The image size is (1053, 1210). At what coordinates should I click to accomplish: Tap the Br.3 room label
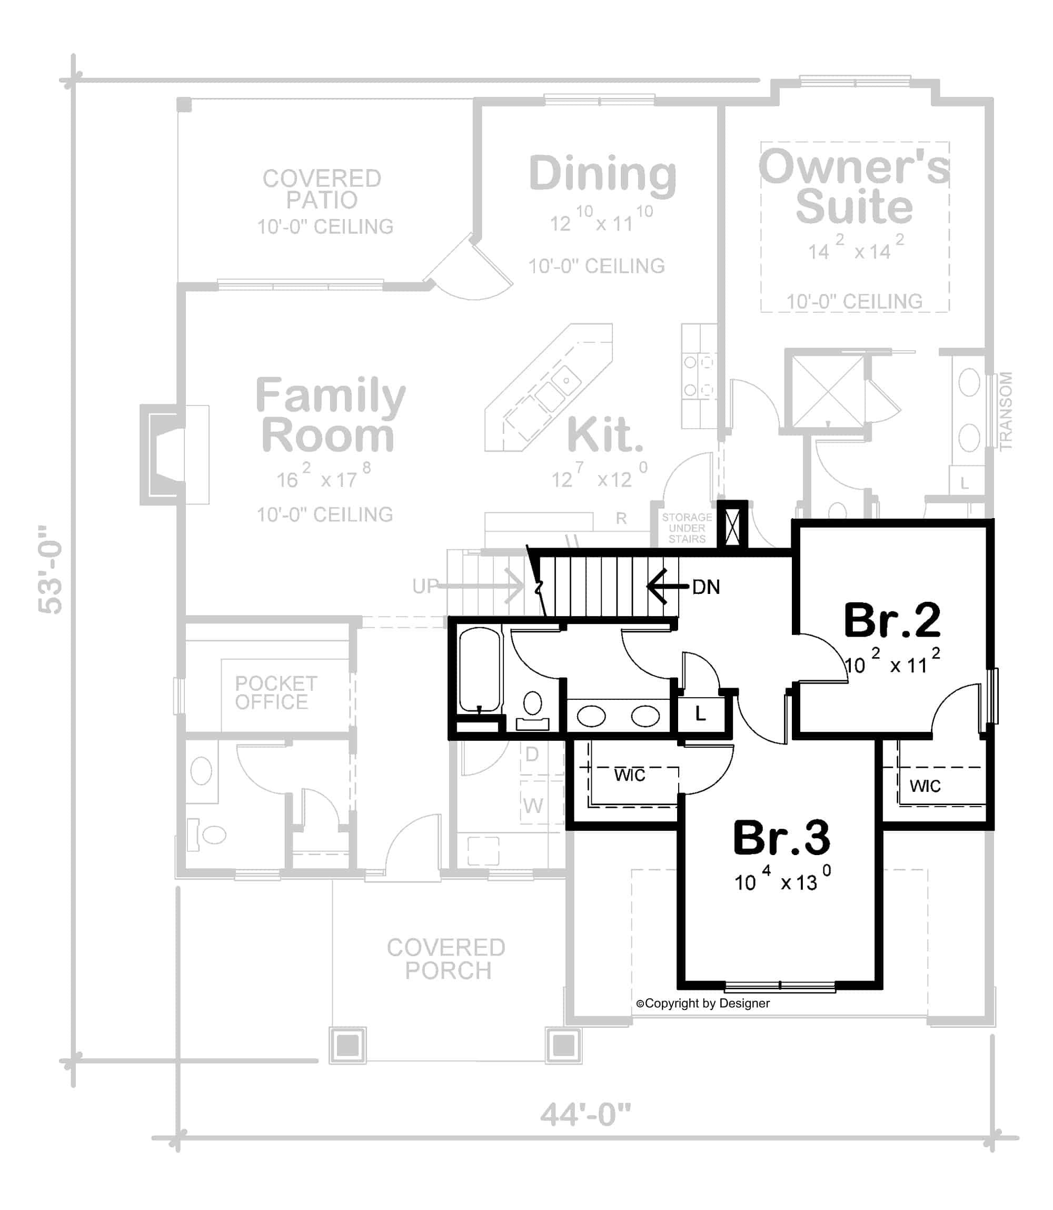781,838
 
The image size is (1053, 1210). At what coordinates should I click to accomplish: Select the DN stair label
705,587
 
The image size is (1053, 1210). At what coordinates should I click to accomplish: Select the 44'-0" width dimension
585,1114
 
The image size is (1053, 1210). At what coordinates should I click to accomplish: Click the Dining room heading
602,174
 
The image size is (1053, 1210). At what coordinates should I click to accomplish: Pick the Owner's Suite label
854,187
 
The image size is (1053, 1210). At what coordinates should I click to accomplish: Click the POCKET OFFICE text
275,692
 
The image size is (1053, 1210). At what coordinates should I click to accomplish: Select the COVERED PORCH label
446,959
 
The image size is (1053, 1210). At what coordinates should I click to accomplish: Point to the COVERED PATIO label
322,189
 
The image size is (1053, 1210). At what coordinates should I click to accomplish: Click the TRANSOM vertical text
1006,411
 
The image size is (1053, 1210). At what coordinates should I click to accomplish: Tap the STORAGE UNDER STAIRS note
687,528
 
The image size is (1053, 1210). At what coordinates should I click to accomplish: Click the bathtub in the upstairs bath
479,669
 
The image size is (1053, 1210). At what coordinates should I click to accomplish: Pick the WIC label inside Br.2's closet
925,786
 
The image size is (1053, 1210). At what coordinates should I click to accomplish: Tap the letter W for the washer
532,806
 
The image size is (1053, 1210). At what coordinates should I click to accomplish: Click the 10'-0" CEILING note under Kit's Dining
596,266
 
